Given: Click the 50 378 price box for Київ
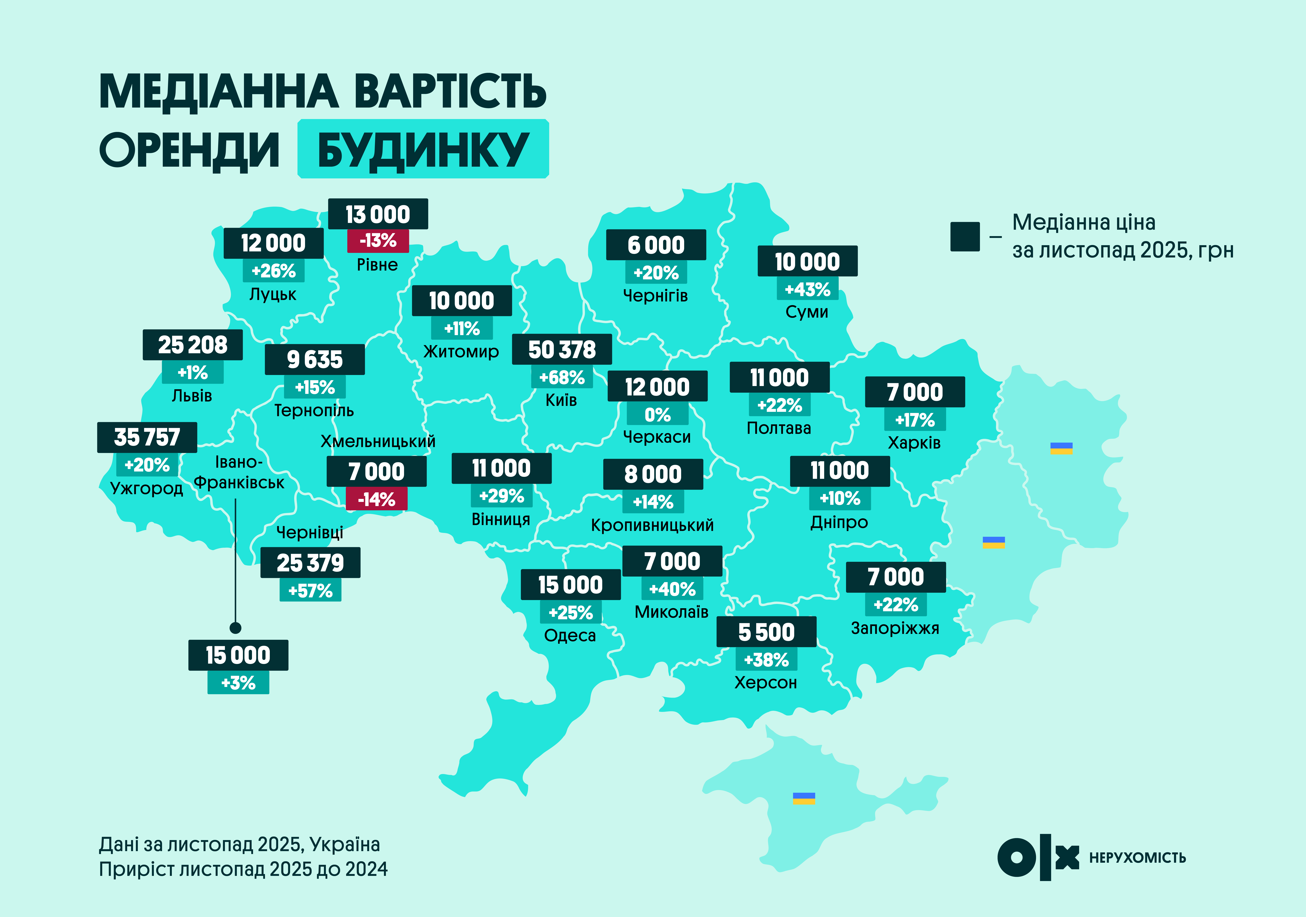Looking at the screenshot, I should tap(562, 349).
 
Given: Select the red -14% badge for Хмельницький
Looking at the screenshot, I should tap(377, 499).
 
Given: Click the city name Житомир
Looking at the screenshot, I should tap(461, 351).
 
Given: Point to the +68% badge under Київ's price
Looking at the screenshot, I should tap(562, 377).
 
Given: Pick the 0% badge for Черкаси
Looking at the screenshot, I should tap(658, 415).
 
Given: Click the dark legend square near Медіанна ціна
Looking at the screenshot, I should tap(965, 237).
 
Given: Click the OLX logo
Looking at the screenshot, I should tap(1038, 857).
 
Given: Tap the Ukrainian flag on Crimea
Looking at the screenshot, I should tap(804, 798).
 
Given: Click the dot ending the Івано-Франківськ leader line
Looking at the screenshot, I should tap(235, 628).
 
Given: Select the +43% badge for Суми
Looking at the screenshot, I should tap(808, 290).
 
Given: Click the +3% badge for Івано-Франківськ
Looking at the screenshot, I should tap(238, 683).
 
